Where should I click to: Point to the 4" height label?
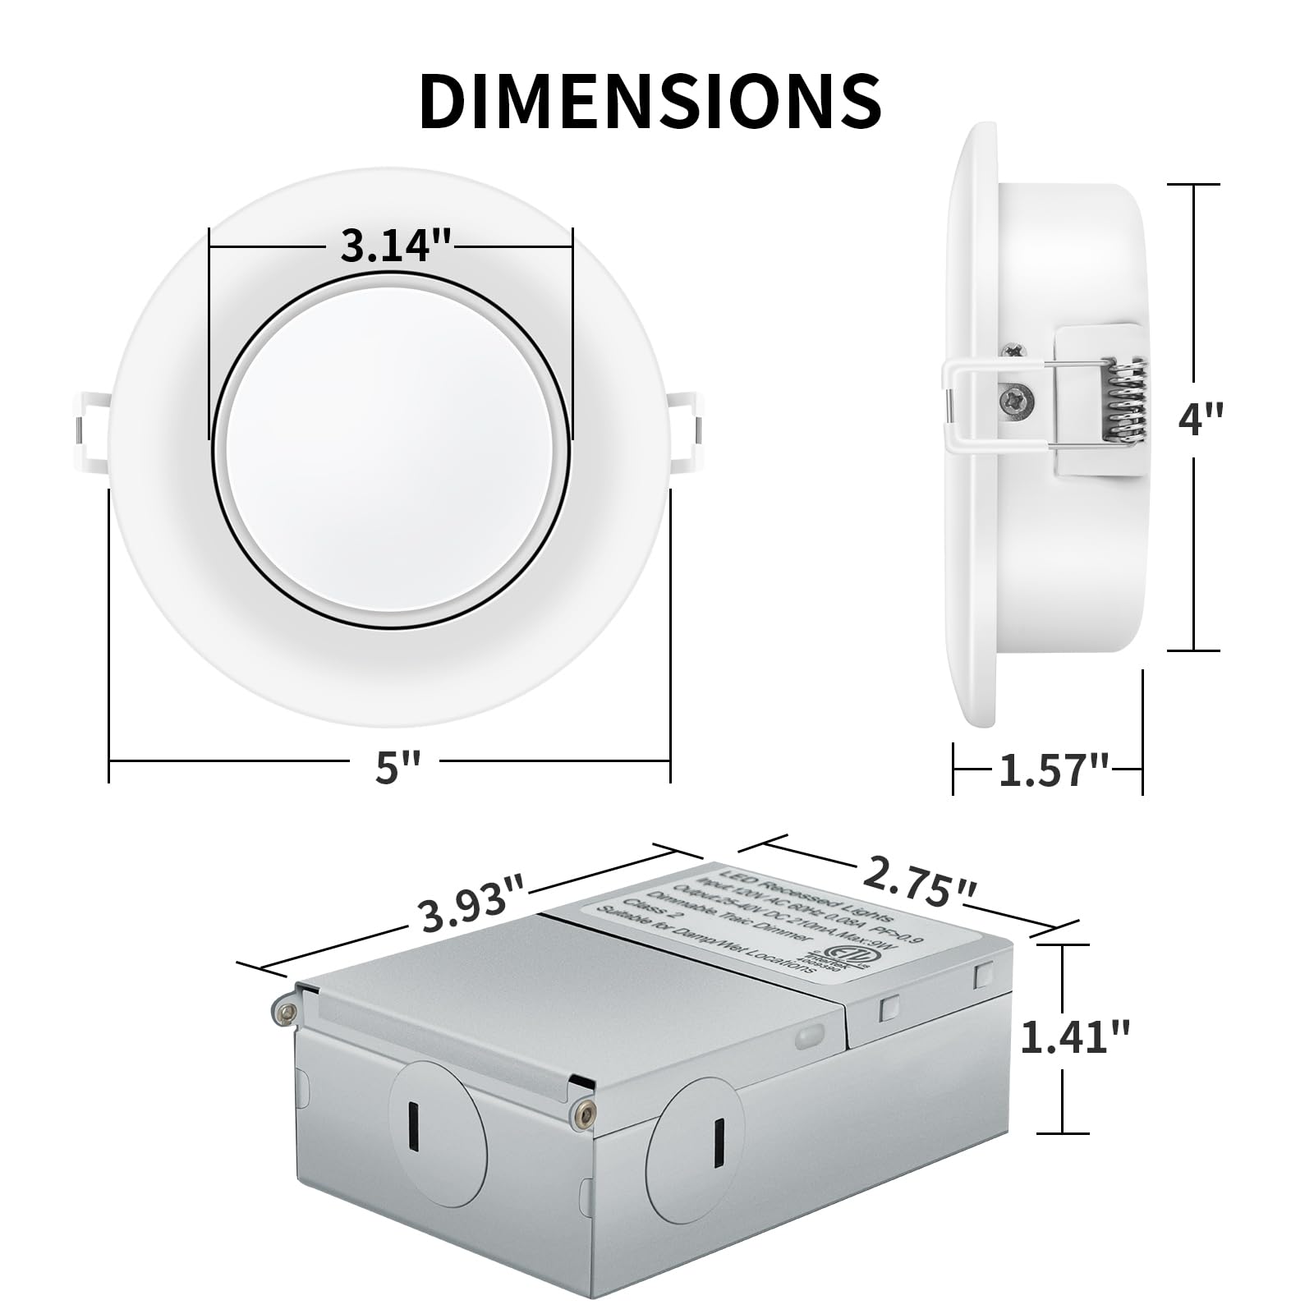[1200, 420]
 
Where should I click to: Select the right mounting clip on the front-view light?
[687, 433]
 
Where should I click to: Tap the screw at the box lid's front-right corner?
[584, 1112]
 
